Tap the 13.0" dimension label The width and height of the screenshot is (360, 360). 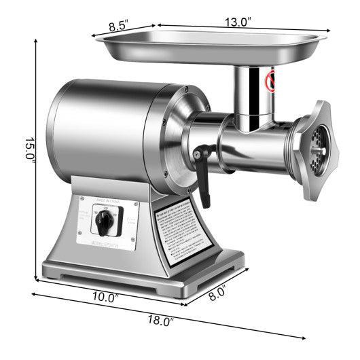(x=238, y=21)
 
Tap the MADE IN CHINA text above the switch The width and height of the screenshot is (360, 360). (x=108, y=200)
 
